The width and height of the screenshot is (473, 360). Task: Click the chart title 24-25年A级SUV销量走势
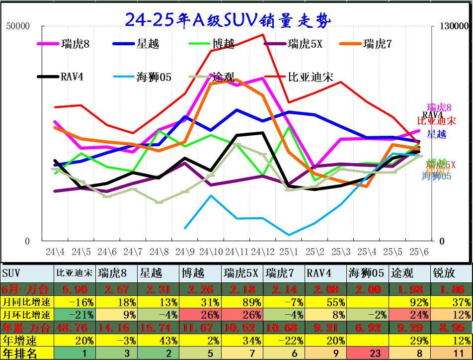[x=228, y=20]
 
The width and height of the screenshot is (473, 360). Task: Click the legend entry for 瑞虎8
[x=75, y=44]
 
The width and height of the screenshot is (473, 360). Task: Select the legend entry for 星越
[x=148, y=44]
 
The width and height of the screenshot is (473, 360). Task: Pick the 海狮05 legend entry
[x=154, y=77]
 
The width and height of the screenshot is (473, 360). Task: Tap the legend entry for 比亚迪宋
[x=311, y=77]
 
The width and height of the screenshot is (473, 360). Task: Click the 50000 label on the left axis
[x=18, y=26]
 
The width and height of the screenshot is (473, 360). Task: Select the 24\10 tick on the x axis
[x=211, y=252]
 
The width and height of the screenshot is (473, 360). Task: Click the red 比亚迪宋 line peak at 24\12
[x=263, y=35]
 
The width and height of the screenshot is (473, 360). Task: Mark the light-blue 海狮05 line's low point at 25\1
[x=289, y=235]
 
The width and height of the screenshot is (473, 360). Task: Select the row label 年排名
[x=20, y=354]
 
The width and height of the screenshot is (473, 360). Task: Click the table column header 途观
[x=401, y=273]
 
